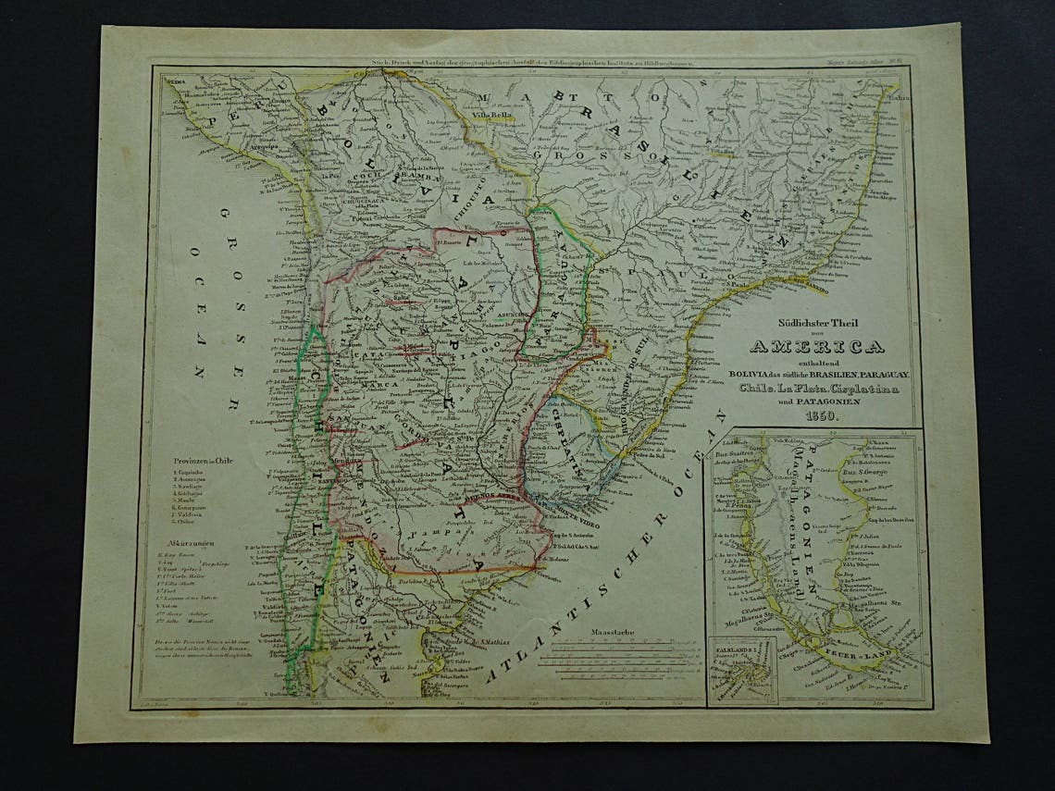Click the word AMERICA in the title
coord(815,347)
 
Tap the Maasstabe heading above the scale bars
coord(611,635)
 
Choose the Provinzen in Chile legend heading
coord(209,460)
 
